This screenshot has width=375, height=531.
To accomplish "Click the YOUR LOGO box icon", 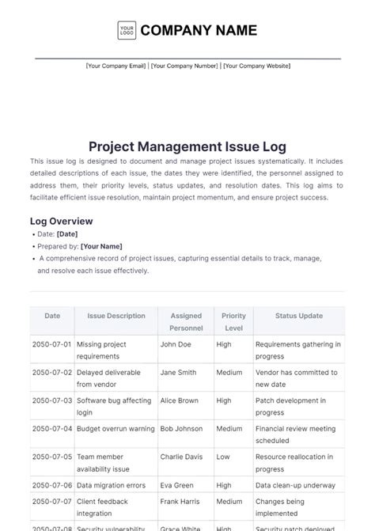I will (x=127, y=30).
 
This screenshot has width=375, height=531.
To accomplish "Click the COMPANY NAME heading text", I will (x=199, y=30).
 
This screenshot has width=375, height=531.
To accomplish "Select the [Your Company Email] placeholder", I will (x=116, y=66).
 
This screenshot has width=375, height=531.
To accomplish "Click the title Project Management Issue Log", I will (x=187, y=146).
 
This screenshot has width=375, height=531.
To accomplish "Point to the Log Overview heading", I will (x=61, y=221).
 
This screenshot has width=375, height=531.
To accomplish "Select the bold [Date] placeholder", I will (x=67, y=234).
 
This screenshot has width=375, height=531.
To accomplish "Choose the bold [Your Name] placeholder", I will (x=101, y=246).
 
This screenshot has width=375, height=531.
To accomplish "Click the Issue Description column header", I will (x=116, y=316).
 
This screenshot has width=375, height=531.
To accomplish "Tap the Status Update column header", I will (x=298, y=316).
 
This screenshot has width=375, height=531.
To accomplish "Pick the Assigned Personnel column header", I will (x=186, y=321).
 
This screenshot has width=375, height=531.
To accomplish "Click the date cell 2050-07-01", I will (x=51, y=344).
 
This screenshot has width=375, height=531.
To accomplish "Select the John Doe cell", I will (x=176, y=344).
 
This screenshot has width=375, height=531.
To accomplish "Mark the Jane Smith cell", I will (x=178, y=372).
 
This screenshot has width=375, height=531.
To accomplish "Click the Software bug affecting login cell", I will (x=116, y=406).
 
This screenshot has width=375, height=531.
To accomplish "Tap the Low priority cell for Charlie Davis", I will (x=223, y=456).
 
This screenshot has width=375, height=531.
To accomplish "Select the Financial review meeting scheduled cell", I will (x=295, y=434).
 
